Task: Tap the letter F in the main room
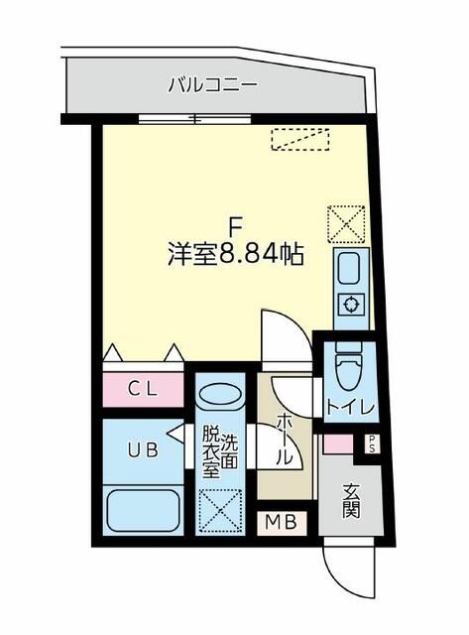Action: click(235, 224)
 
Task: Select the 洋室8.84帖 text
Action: click(235, 253)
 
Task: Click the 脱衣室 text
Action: click(210, 452)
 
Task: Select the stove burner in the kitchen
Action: click(350, 304)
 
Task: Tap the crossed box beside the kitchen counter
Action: click(347, 222)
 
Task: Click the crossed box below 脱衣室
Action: click(218, 511)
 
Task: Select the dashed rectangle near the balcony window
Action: click(299, 140)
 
